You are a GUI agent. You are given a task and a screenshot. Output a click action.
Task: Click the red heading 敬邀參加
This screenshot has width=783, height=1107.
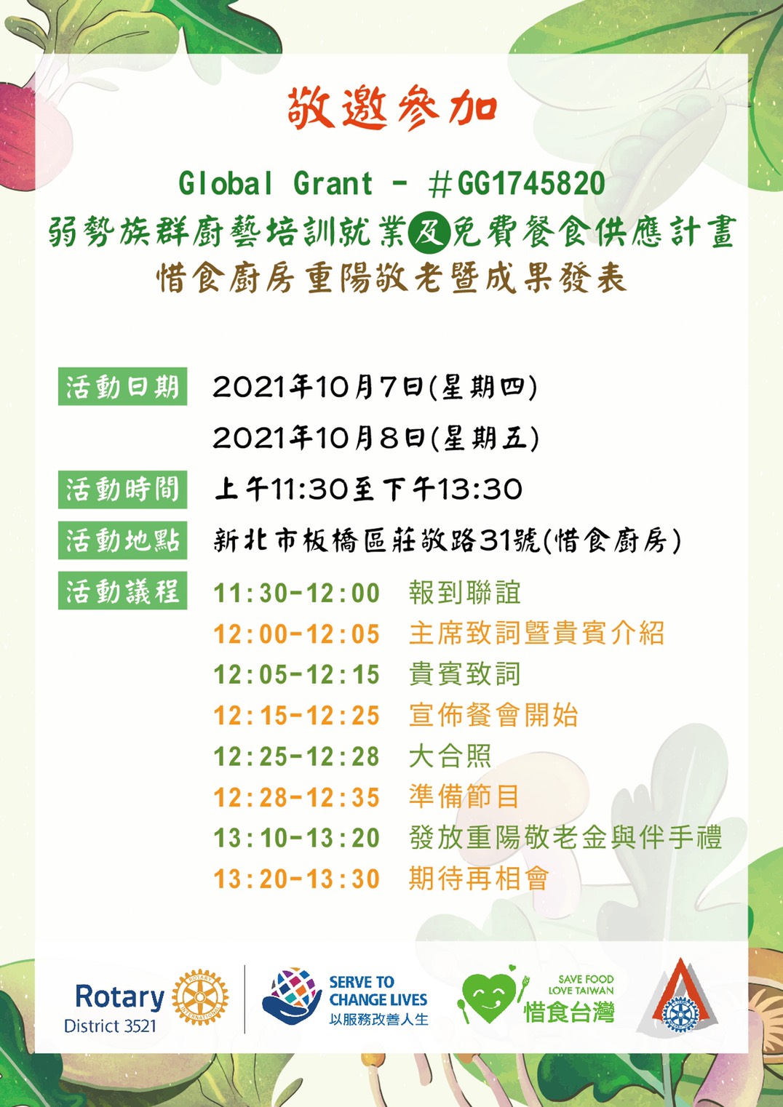[x=392, y=108]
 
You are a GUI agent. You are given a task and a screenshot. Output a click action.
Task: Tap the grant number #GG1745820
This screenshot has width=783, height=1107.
[x=517, y=184]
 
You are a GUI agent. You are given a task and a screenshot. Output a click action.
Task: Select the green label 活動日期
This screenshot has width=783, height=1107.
[x=122, y=386]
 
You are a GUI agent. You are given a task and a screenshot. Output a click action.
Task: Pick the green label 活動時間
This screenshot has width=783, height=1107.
[x=122, y=489]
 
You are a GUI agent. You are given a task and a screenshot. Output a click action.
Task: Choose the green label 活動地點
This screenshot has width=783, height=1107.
[x=122, y=540]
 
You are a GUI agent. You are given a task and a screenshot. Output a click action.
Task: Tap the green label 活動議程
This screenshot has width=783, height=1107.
[x=122, y=591]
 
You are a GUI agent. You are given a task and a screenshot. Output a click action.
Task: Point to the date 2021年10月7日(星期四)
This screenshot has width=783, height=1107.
[x=375, y=387]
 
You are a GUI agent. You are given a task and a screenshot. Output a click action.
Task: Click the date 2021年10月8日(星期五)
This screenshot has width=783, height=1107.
[x=376, y=439]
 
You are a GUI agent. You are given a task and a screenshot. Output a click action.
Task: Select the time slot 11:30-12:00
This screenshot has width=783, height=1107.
[x=297, y=593]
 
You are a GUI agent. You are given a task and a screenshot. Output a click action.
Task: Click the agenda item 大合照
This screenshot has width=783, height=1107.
[x=450, y=756]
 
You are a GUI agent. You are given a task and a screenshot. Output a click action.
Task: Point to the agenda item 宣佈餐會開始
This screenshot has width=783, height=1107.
[x=493, y=715]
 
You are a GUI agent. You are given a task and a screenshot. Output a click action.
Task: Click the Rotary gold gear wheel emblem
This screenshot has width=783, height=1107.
[x=200, y=996]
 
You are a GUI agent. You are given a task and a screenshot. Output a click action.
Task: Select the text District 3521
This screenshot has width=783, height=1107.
[x=110, y=1026]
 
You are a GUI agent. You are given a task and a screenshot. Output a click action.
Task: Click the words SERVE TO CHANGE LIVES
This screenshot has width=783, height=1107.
[x=378, y=991]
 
